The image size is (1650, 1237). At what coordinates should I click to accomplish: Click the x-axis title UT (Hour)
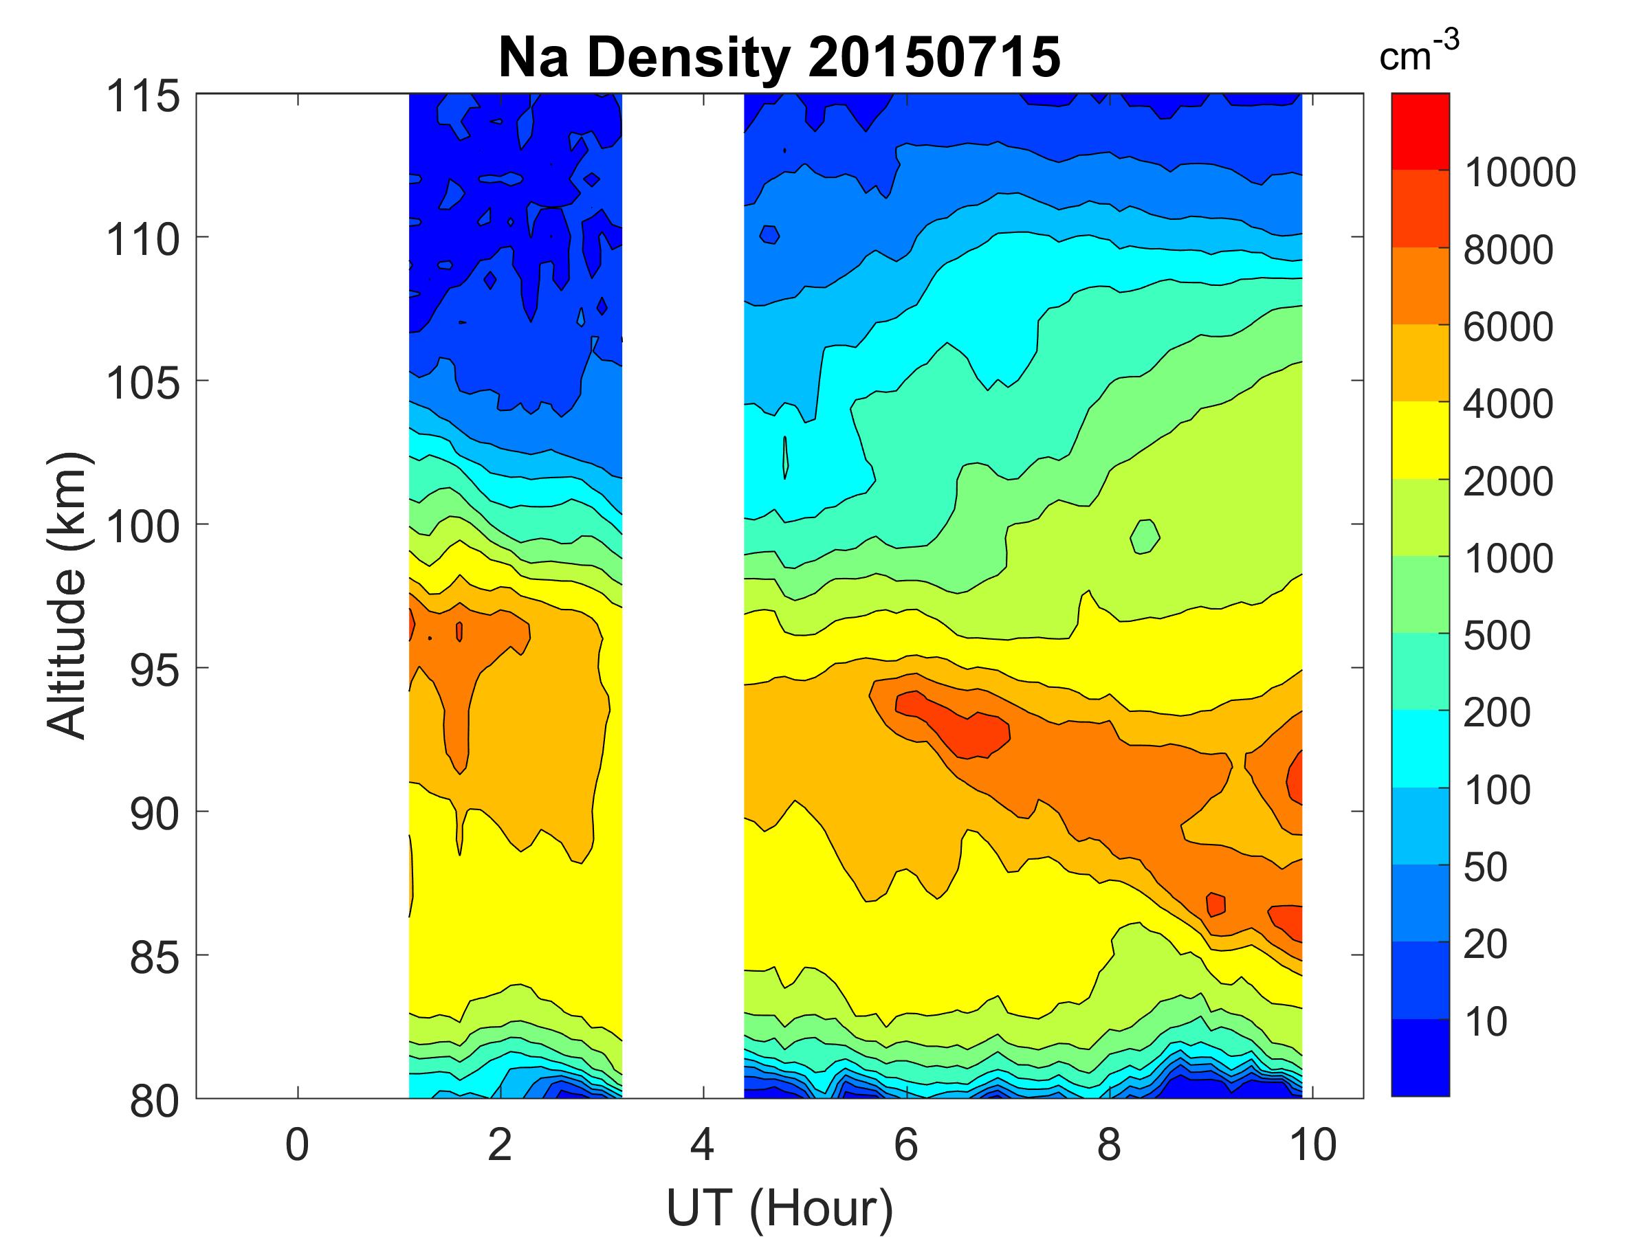coord(779,1209)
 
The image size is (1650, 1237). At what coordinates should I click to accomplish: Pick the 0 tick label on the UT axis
coord(297,1144)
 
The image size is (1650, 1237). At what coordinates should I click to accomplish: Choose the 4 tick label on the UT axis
coord(703,1144)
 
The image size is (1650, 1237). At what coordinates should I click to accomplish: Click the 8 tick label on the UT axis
coord(1108,1144)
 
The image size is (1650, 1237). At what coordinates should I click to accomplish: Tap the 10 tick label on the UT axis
coord(1313,1144)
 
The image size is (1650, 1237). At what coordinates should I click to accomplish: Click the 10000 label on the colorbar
coord(1519,173)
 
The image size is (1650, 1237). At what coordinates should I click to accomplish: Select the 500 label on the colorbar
coord(1496,635)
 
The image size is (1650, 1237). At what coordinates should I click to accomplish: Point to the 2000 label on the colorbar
coord(1508,482)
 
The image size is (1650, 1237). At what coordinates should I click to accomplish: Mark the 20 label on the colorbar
coord(1485,944)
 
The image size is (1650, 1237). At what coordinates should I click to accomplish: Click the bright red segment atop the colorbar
coord(1420,131)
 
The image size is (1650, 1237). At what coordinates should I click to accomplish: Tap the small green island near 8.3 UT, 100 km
coord(1144,536)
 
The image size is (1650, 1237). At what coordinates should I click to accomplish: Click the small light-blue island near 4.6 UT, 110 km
coord(769,234)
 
